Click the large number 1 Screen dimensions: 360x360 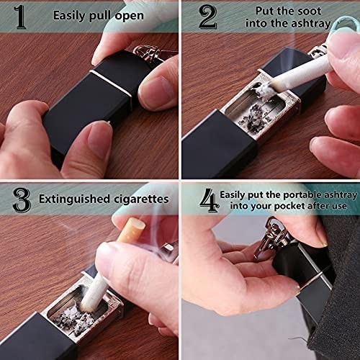[x=20, y=17]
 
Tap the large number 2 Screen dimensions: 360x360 [x=207, y=17]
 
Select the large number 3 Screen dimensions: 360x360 [x=22, y=199]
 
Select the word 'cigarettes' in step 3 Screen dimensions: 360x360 [x=142, y=198]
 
